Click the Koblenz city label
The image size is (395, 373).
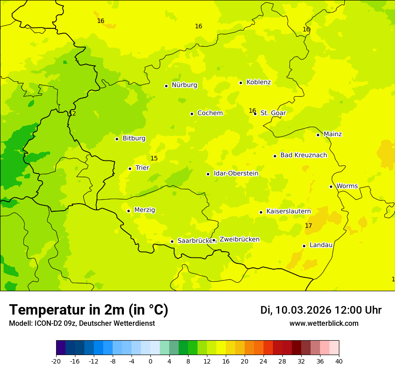click(259, 82)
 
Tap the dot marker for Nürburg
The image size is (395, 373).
click(166, 86)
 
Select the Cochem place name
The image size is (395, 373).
click(210, 113)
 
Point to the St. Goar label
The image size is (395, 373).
click(273, 113)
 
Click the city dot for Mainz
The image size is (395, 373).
click(318, 135)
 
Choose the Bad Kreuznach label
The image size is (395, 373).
click(303, 155)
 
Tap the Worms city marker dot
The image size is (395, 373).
click(331, 186)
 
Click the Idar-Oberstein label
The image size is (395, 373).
click(236, 173)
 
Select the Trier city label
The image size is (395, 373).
click(142, 168)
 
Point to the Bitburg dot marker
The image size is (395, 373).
click(117, 139)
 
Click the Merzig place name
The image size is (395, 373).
click(145, 210)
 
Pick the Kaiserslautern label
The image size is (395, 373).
click(289, 211)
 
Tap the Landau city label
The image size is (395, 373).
click(321, 245)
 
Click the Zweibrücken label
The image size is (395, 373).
click(239, 240)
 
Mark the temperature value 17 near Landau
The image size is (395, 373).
click(308, 226)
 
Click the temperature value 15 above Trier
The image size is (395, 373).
click(154, 159)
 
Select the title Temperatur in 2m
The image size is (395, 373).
click(88, 310)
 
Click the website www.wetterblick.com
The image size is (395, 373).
click(324, 324)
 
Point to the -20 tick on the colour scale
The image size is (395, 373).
click(56, 361)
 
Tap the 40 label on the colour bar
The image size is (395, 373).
click(339, 361)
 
